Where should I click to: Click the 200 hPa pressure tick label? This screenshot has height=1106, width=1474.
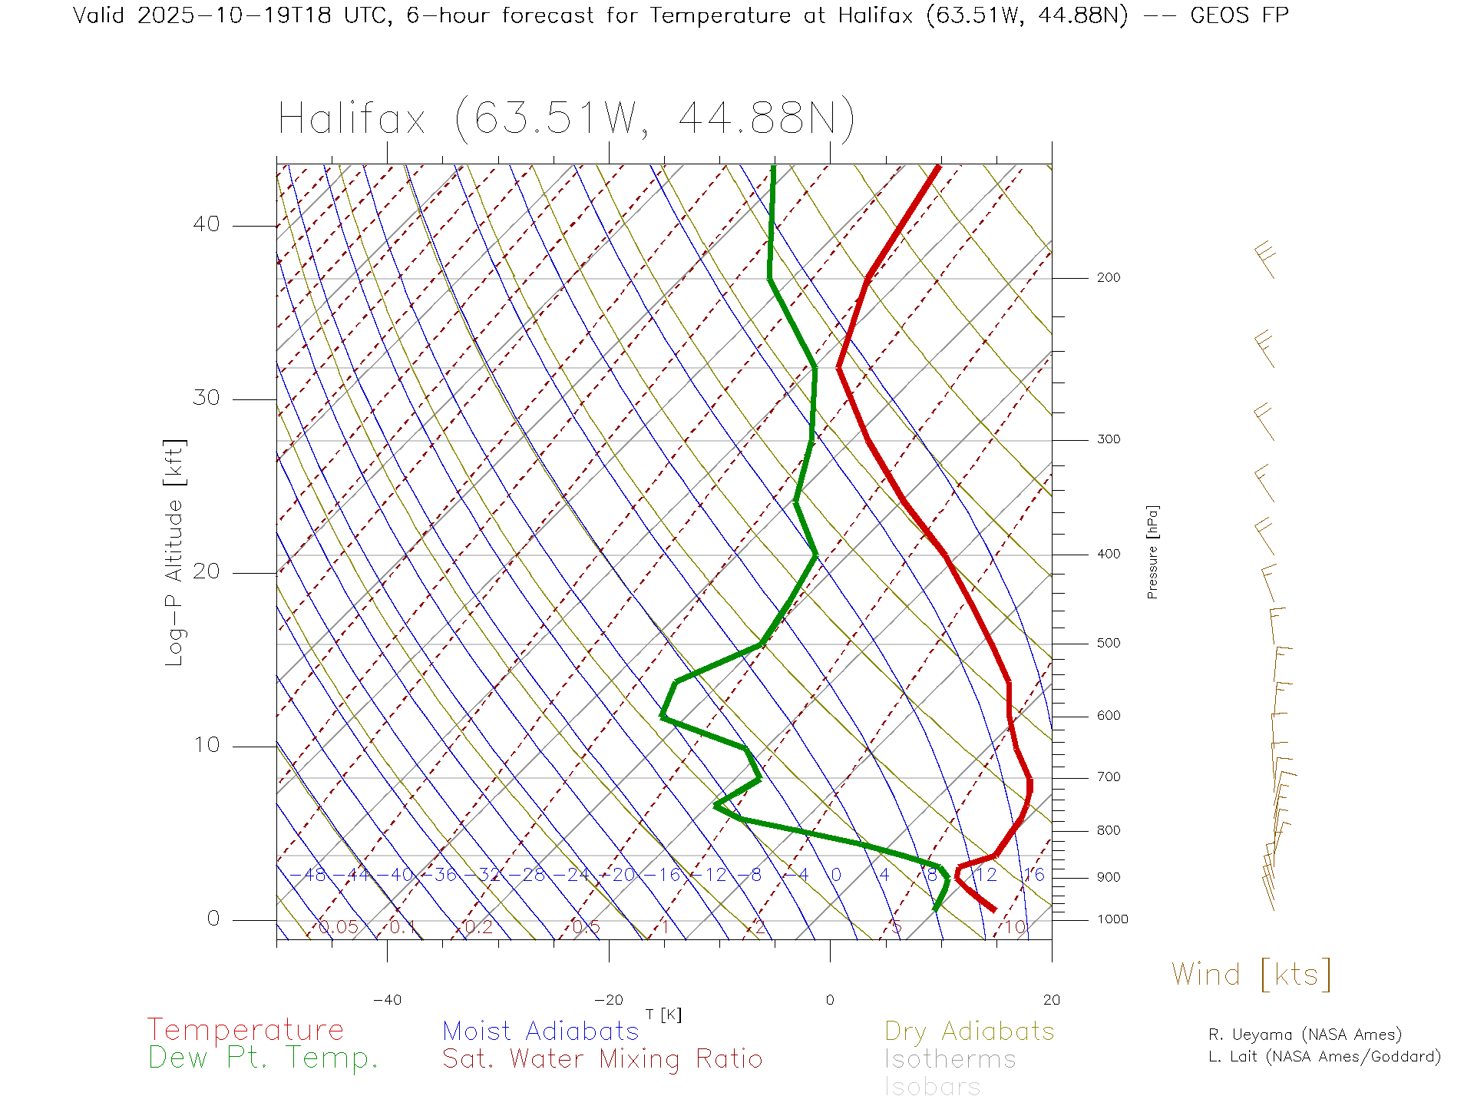pyautogui.click(x=1108, y=278)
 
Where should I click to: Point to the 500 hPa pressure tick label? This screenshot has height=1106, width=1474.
pyautogui.click(x=1108, y=644)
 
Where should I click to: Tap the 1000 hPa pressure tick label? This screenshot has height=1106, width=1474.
pyautogui.click(x=1112, y=919)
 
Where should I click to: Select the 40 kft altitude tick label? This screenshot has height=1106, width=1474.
pyautogui.click(x=206, y=224)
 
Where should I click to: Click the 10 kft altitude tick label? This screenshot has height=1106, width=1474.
pyautogui.click(x=206, y=745)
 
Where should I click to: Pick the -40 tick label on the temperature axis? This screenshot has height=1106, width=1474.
pyautogui.click(x=387, y=1000)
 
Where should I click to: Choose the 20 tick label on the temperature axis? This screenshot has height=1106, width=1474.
pyautogui.click(x=1051, y=1000)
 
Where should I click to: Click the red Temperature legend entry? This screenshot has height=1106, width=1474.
pyautogui.click(x=246, y=1030)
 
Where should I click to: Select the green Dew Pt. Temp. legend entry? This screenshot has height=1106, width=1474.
pyautogui.click(x=263, y=1058)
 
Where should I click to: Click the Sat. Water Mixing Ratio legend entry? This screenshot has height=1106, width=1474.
pyautogui.click(x=603, y=1059)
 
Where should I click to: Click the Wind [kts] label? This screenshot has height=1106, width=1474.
pyautogui.click(x=1251, y=975)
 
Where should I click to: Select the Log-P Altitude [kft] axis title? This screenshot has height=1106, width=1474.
pyautogui.click(x=175, y=553)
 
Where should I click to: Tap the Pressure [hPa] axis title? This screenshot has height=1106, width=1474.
pyautogui.click(x=1152, y=551)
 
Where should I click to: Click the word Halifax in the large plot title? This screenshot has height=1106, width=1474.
pyautogui.click(x=352, y=119)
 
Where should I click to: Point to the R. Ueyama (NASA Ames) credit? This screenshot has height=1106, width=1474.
pyautogui.click(x=1305, y=1035)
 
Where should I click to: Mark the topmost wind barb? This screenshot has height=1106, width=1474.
pyautogui.click(x=1266, y=260)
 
